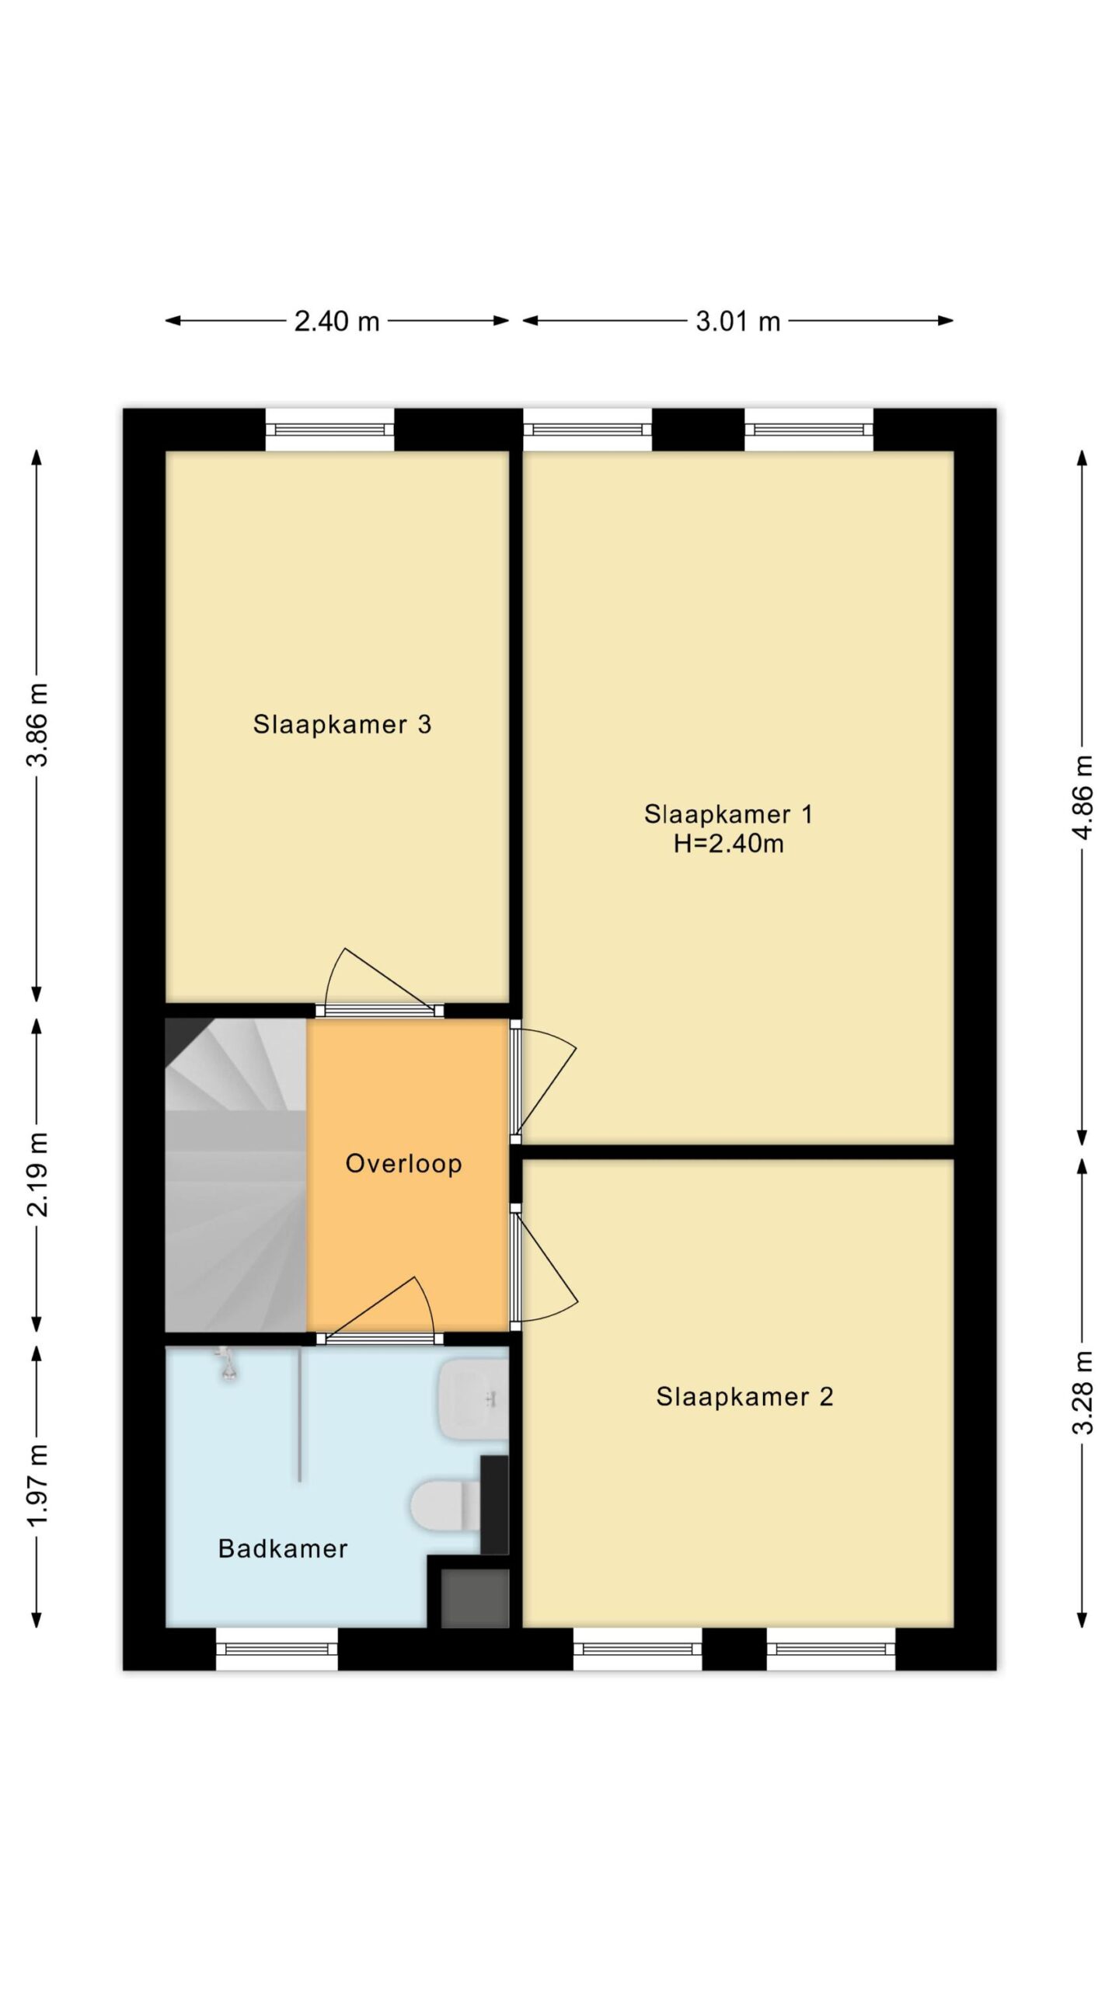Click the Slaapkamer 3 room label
click(342, 724)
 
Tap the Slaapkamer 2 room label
click(744, 1396)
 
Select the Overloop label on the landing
click(404, 1163)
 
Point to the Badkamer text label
click(283, 1548)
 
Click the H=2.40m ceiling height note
click(729, 843)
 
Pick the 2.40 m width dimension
click(336, 321)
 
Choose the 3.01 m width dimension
click(737, 321)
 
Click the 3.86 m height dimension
click(37, 724)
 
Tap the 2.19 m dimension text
click(37, 1174)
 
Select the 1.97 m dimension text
click(37, 1485)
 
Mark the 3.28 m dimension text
click(1082, 1392)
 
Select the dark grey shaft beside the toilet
click(475, 1597)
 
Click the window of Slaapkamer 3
click(329, 430)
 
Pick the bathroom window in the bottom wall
click(277, 1648)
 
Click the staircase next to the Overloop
click(235, 1174)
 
